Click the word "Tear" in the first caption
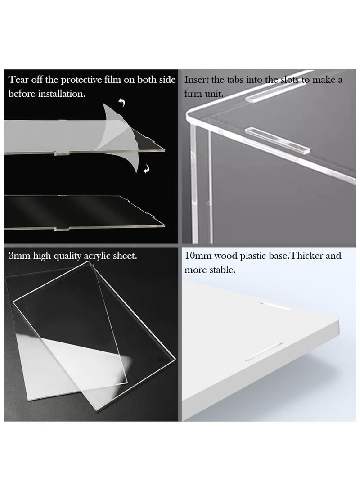click(18, 80)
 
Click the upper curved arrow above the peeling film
click(121, 103)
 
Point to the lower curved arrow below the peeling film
click(146, 169)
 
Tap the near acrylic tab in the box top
click(277, 140)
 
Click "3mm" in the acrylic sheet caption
click(19, 256)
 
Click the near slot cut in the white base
click(265, 351)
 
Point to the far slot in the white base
click(274, 306)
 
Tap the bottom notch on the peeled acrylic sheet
click(62, 153)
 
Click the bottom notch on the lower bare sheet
click(62, 229)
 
